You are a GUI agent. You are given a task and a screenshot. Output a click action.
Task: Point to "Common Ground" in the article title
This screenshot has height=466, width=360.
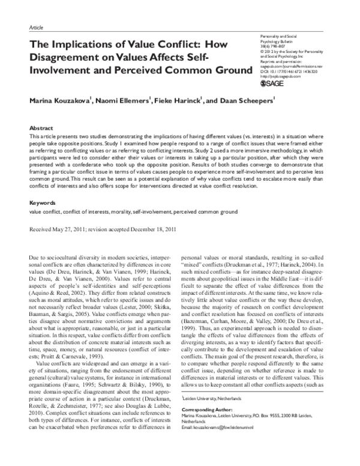[212, 71]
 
